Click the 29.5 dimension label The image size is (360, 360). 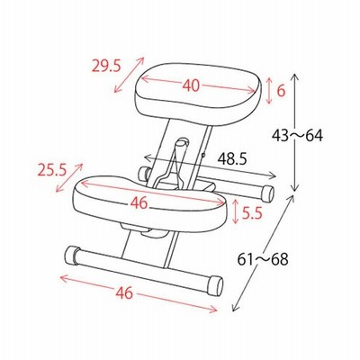click(x=106, y=67)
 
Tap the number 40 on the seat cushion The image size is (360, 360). click(x=191, y=85)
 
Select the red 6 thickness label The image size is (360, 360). click(x=281, y=90)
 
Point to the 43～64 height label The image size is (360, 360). click(x=297, y=136)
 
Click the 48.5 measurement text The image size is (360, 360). click(x=232, y=159)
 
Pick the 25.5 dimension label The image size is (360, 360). click(x=52, y=171)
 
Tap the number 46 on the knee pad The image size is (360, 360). click(x=139, y=203)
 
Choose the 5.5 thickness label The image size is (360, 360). click(x=252, y=213)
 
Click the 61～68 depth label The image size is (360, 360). click(x=263, y=259)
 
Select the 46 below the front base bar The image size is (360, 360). click(x=124, y=292)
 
